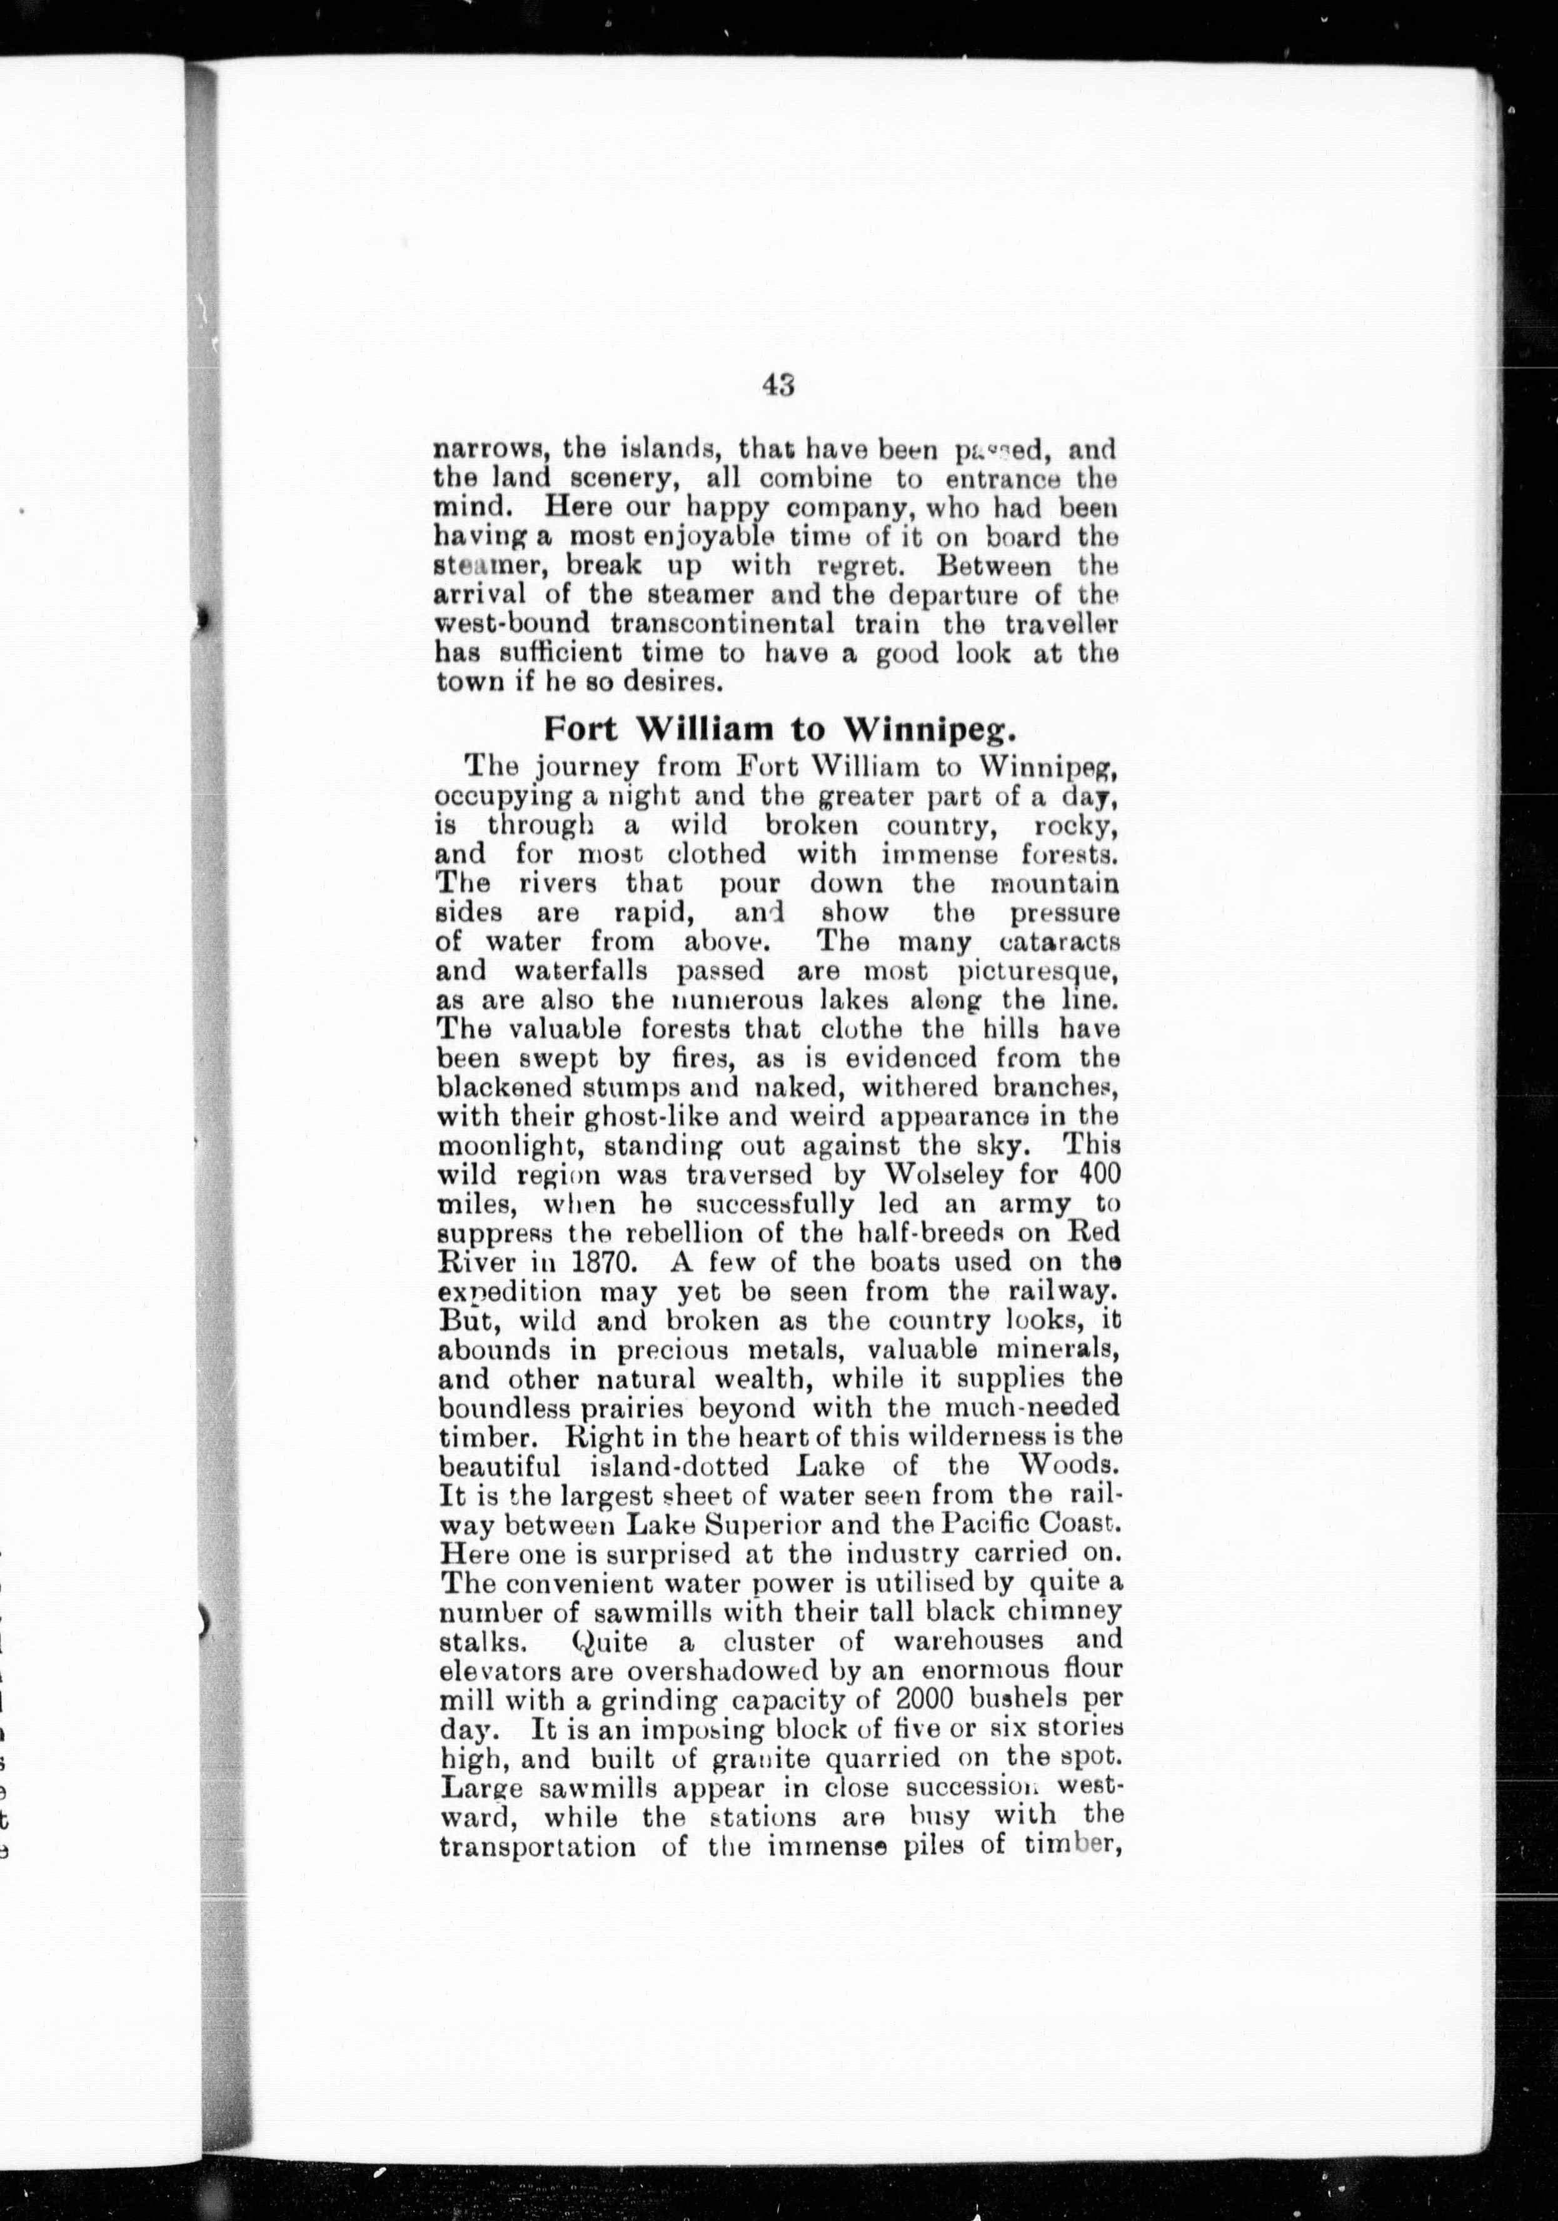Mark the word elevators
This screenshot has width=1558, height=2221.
(x=497, y=1670)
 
